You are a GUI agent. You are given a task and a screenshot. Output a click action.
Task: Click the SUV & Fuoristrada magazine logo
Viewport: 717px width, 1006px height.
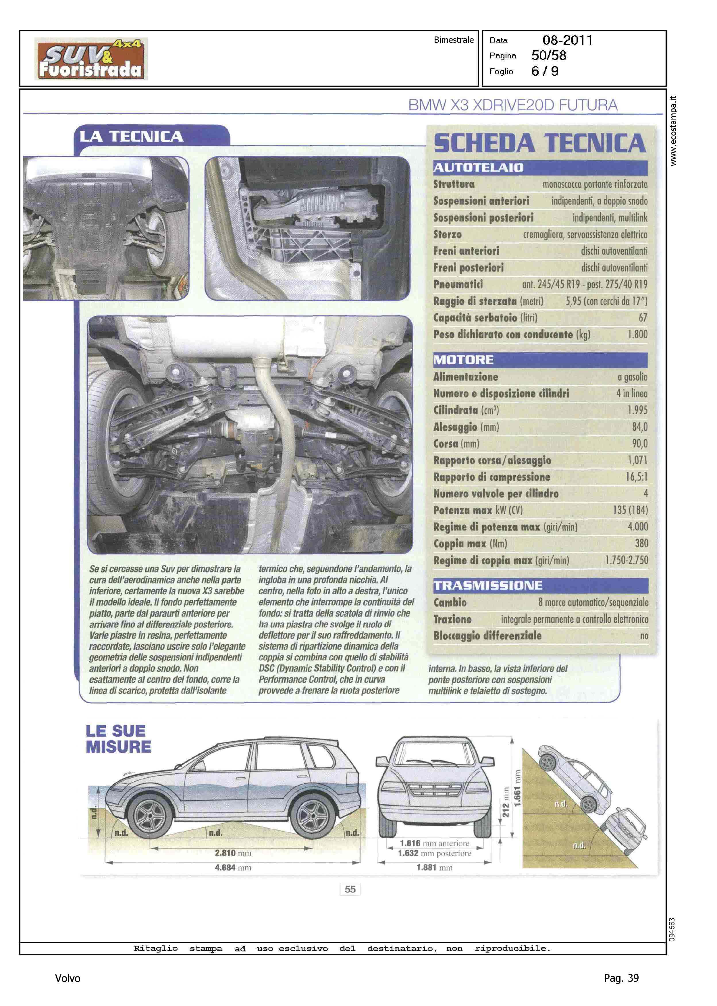click(x=91, y=59)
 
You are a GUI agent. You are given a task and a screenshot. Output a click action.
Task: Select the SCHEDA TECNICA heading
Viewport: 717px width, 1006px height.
click(x=539, y=143)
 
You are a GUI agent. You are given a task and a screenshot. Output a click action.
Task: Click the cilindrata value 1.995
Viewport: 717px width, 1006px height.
click(x=637, y=410)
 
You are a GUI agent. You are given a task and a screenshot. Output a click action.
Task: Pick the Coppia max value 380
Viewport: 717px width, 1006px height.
click(x=641, y=544)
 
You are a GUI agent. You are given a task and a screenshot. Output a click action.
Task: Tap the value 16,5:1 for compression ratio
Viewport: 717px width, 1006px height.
click(x=636, y=477)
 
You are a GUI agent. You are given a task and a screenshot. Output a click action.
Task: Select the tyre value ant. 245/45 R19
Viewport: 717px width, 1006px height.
click(x=550, y=284)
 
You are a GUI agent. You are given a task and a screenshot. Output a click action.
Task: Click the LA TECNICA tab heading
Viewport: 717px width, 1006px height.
click(x=132, y=136)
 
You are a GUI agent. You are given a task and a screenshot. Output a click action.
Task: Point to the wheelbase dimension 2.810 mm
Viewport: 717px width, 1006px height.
click(x=233, y=853)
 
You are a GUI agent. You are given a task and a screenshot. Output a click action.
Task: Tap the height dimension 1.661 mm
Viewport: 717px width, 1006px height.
click(x=517, y=788)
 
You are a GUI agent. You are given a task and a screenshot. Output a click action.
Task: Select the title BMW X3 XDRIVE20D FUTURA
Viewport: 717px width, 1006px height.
click(x=512, y=105)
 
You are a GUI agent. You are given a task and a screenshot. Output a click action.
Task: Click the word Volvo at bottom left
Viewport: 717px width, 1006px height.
click(x=68, y=978)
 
